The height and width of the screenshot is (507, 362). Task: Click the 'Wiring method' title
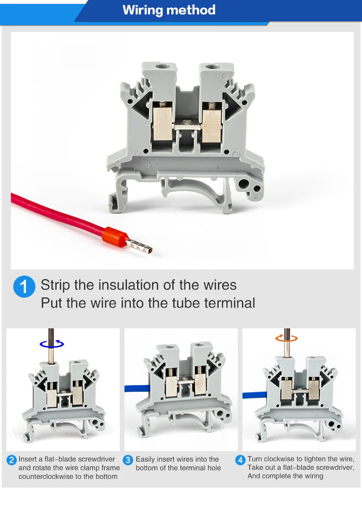click(169, 10)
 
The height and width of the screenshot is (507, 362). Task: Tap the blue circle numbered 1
click(24, 287)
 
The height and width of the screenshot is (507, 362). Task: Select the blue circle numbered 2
click(12, 460)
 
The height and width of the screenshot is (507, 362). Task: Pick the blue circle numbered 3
click(128, 460)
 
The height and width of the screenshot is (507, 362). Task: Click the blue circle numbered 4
click(240, 460)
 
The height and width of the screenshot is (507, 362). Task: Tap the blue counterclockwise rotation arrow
click(52, 344)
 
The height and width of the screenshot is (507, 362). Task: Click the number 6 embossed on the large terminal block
click(147, 165)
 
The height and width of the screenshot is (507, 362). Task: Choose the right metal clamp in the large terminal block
click(211, 124)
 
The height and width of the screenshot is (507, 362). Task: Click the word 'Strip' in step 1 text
click(56, 285)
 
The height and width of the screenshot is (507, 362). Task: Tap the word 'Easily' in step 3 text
click(145, 459)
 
